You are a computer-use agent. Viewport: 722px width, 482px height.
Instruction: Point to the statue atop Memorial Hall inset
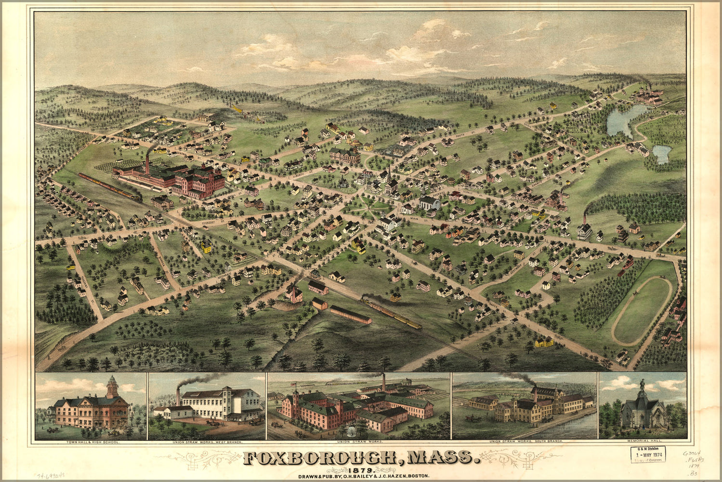(x=642, y=385)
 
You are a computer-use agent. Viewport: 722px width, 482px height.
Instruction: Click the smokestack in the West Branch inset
(x=178, y=397)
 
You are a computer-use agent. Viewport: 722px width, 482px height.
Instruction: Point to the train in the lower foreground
(x=391, y=311)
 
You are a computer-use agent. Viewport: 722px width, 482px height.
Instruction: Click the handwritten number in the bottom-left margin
(x=53, y=476)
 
